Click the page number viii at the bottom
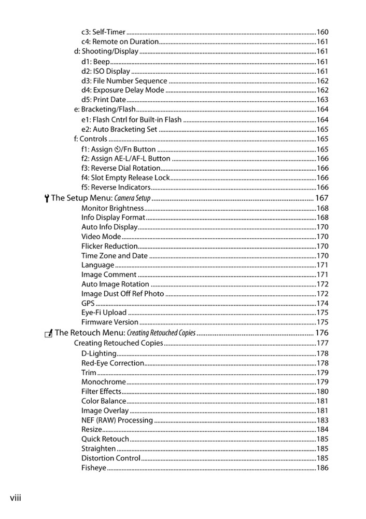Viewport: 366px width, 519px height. pyautogui.click(x=15, y=498)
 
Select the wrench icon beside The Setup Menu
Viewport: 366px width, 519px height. pyautogui.click(x=47, y=198)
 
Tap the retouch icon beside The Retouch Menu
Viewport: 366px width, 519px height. pyautogui.click(x=49, y=333)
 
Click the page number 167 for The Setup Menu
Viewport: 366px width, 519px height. pyautogui.click(x=322, y=198)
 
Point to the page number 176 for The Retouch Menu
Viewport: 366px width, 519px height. pyautogui.click(x=322, y=333)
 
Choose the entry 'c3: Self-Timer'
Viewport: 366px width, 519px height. pyautogui.click(x=103, y=32)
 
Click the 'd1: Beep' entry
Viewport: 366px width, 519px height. pyautogui.click(x=95, y=61)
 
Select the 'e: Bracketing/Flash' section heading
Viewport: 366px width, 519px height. pyautogui.click(x=105, y=110)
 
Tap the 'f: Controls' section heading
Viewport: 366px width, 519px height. pyautogui.click(x=91, y=139)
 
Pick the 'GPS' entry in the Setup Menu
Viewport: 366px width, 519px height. pyautogui.click(x=88, y=303)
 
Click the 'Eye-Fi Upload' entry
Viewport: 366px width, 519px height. pyautogui.click(x=104, y=312)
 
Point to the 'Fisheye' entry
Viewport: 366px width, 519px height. pyautogui.click(x=94, y=468)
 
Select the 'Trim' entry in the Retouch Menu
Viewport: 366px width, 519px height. pyautogui.click(x=89, y=373)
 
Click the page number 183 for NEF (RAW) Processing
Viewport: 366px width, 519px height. pyautogui.click(x=322, y=420)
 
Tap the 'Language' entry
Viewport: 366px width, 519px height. pyautogui.click(x=97, y=265)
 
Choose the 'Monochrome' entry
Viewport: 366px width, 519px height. pyautogui.click(x=104, y=382)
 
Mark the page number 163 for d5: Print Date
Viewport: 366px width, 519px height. pyautogui.click(x=322, y=100)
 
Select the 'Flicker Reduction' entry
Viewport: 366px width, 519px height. pyautogui.click(x=109, y=246)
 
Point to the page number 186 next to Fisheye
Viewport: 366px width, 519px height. pyautogui.click(x=322, y=468)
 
